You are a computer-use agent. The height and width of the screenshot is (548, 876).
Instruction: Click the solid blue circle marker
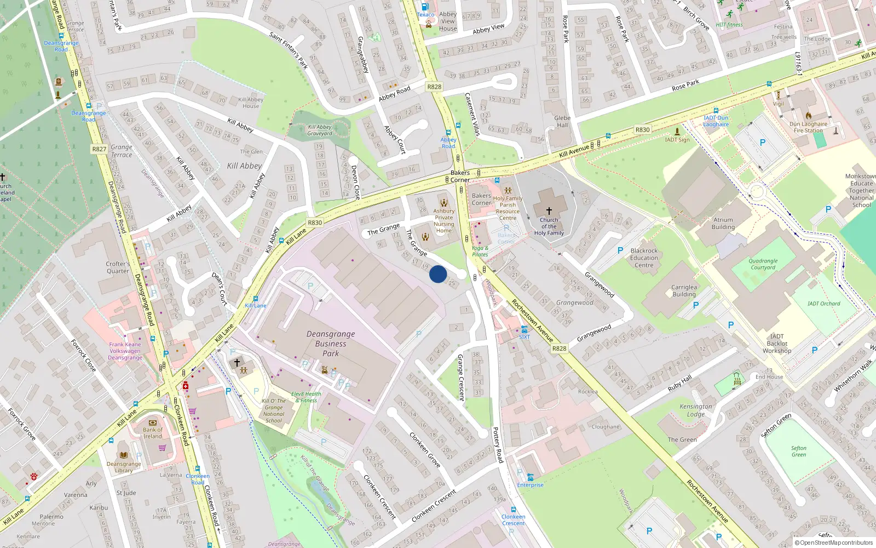tap(438, 274)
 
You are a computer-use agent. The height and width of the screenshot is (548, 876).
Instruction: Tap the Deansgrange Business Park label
tap(331, 344)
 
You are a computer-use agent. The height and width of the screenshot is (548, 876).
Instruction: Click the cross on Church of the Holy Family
tap(549, 210)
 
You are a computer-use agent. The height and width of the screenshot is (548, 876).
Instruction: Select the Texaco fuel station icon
tap(425, 7)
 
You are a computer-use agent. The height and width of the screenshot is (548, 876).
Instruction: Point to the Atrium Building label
tap(723, 223)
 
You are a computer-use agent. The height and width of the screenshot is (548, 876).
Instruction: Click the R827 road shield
tap(99, 149)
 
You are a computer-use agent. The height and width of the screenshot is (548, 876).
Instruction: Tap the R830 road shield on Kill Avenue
tap(642, 130)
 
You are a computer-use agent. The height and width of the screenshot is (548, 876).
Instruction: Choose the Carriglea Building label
tap(684, 290)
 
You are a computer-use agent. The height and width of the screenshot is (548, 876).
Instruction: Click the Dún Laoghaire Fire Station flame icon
tap(809, 116)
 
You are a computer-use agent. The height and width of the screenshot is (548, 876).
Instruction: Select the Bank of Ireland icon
tap(153, 423)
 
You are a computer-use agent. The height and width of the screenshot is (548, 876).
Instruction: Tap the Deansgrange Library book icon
tap(124, 455)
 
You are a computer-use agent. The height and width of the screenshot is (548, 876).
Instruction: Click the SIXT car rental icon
tap(525, 329)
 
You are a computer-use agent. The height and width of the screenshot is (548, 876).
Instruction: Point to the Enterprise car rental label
tap(530, 485)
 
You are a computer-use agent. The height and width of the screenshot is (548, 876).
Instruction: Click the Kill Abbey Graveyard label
tap(320, 130)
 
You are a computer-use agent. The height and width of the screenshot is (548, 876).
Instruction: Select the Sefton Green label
tap(799, 451)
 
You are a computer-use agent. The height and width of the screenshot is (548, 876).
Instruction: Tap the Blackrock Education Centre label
tap(644, 258)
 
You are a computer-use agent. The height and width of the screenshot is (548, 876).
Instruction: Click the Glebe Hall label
tap(562, 121)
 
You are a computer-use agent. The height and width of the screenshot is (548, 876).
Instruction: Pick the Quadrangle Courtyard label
tap(763, 264)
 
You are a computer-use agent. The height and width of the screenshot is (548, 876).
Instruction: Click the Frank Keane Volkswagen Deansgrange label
tap(125, 351)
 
